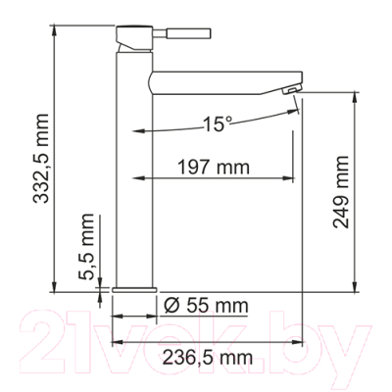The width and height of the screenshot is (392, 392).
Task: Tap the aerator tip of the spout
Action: click(290, 89)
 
